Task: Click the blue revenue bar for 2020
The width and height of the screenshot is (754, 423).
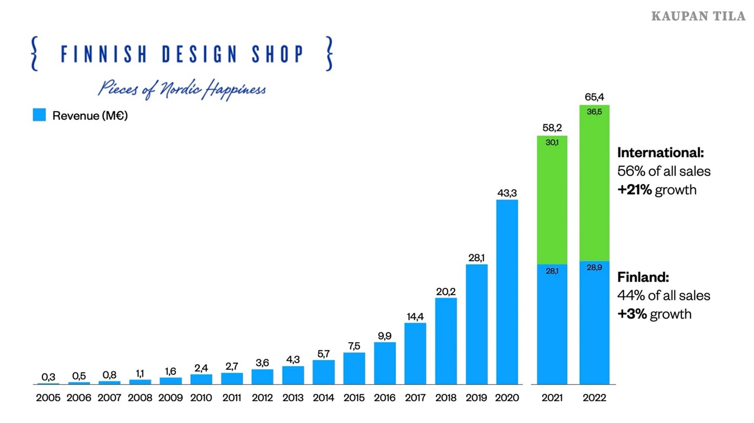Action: (x=507, y=292)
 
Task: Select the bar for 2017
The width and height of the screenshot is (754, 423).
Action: (x=415, y=353)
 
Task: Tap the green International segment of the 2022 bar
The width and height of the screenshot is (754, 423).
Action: (x=594, y=184)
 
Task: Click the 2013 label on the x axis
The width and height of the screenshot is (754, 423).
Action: (x=293, y=398)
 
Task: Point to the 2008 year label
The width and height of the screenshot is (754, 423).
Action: (x=140, y=398)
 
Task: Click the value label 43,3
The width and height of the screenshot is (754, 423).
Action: (x=507, y=193)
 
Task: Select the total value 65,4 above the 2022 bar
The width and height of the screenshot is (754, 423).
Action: (x=594, y=97)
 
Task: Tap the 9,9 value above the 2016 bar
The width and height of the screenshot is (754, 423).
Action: (x=385, y=336)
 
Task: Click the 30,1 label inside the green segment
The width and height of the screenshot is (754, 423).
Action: (x=552, y=142)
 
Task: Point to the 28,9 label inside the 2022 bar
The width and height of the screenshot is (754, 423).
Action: (x=594, y=267)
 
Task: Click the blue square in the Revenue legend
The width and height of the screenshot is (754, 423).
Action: (x=39, y=115)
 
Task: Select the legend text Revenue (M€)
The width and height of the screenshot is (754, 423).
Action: (x=90, y=116)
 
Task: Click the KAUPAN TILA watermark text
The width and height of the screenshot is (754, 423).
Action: (x=698, y=16)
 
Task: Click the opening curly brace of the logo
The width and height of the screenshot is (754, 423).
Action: (x=34, y=53)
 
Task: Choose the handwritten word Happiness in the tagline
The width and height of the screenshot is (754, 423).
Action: (x=235, y=90)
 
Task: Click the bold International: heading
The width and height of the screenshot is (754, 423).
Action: (x=660, y=153)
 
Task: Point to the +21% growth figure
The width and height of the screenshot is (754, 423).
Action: (x=634, y=190)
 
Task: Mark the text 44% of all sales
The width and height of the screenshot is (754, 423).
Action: (x=663, y=295)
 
